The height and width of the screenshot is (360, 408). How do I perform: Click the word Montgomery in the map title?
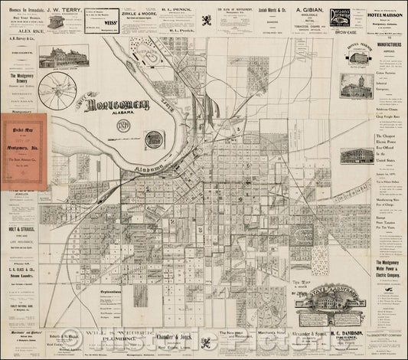tap(115, 106)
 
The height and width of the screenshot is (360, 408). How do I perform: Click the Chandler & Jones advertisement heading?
tap(187, 335)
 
